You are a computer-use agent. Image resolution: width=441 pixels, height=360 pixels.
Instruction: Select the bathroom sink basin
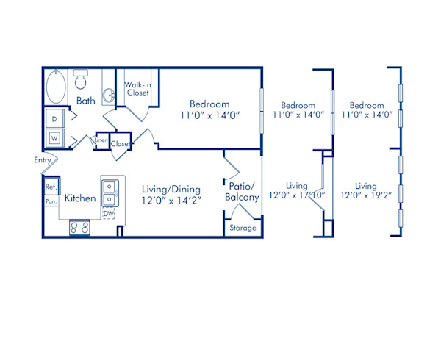108,96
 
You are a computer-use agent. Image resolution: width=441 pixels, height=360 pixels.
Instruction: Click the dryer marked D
55,118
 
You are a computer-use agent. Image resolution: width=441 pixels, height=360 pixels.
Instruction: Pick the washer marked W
55,137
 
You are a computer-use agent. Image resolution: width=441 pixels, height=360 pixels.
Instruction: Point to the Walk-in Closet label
137,88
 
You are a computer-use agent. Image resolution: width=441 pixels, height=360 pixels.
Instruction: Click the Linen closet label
101,140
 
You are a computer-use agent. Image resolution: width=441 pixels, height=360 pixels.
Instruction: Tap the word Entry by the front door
42,160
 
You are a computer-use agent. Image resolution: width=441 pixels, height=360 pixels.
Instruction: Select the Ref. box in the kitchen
51,187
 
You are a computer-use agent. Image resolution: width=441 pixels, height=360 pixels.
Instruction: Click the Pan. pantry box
51,200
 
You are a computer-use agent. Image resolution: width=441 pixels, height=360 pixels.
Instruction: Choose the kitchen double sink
109,192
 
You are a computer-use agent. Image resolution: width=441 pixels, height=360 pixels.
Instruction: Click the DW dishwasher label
108,214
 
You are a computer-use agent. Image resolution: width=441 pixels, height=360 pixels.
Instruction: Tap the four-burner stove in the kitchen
79,228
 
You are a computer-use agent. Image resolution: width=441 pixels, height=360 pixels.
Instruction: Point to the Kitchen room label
79,198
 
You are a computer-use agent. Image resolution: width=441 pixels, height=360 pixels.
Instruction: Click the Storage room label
243,228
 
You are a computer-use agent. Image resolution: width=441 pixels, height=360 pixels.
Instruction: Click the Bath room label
86,100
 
